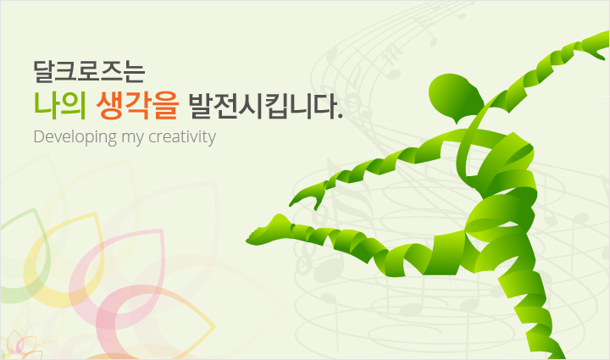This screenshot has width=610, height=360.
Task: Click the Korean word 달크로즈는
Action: click(89, 71)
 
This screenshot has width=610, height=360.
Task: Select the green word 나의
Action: click(60, 106)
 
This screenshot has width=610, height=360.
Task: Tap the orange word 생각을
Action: click(138, 106)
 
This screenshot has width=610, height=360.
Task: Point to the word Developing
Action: click(75, 137)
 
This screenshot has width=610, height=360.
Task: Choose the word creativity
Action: click(182, 137)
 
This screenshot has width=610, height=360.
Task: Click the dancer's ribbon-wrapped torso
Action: click(502, 183)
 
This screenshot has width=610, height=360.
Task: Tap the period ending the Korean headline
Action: click(341, 116)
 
